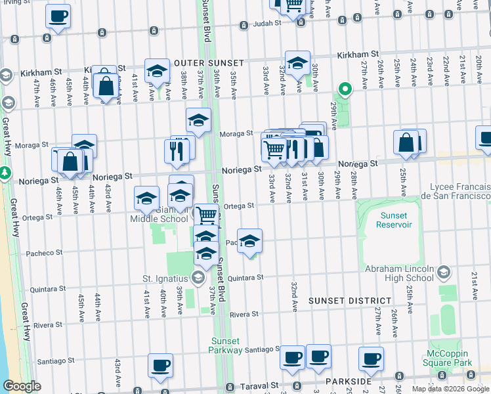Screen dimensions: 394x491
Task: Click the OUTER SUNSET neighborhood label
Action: [x=209, y=63]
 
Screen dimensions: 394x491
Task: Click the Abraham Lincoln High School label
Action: [x=398, y=273]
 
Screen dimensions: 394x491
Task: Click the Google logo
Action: [x=22, y=386]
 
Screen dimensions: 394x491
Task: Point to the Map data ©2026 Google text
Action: [x=450, y=389]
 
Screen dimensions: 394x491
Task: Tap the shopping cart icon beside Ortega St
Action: [x=207, y=214]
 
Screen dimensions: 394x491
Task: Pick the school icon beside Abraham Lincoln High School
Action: [x=444, y=272]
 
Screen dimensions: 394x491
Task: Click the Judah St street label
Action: [x=268, y=24]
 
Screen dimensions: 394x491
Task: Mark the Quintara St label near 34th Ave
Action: [x=245, y=277]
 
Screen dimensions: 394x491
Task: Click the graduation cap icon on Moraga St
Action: [x=198, y=120]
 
